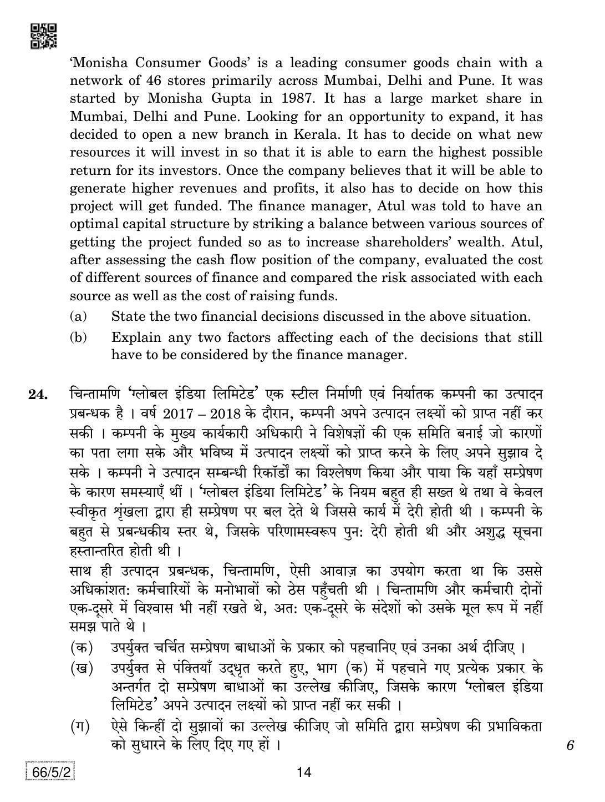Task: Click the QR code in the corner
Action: click(x=43, y=35)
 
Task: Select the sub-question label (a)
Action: click(x=79, y=316)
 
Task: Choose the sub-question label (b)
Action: click(x=79, y=337)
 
